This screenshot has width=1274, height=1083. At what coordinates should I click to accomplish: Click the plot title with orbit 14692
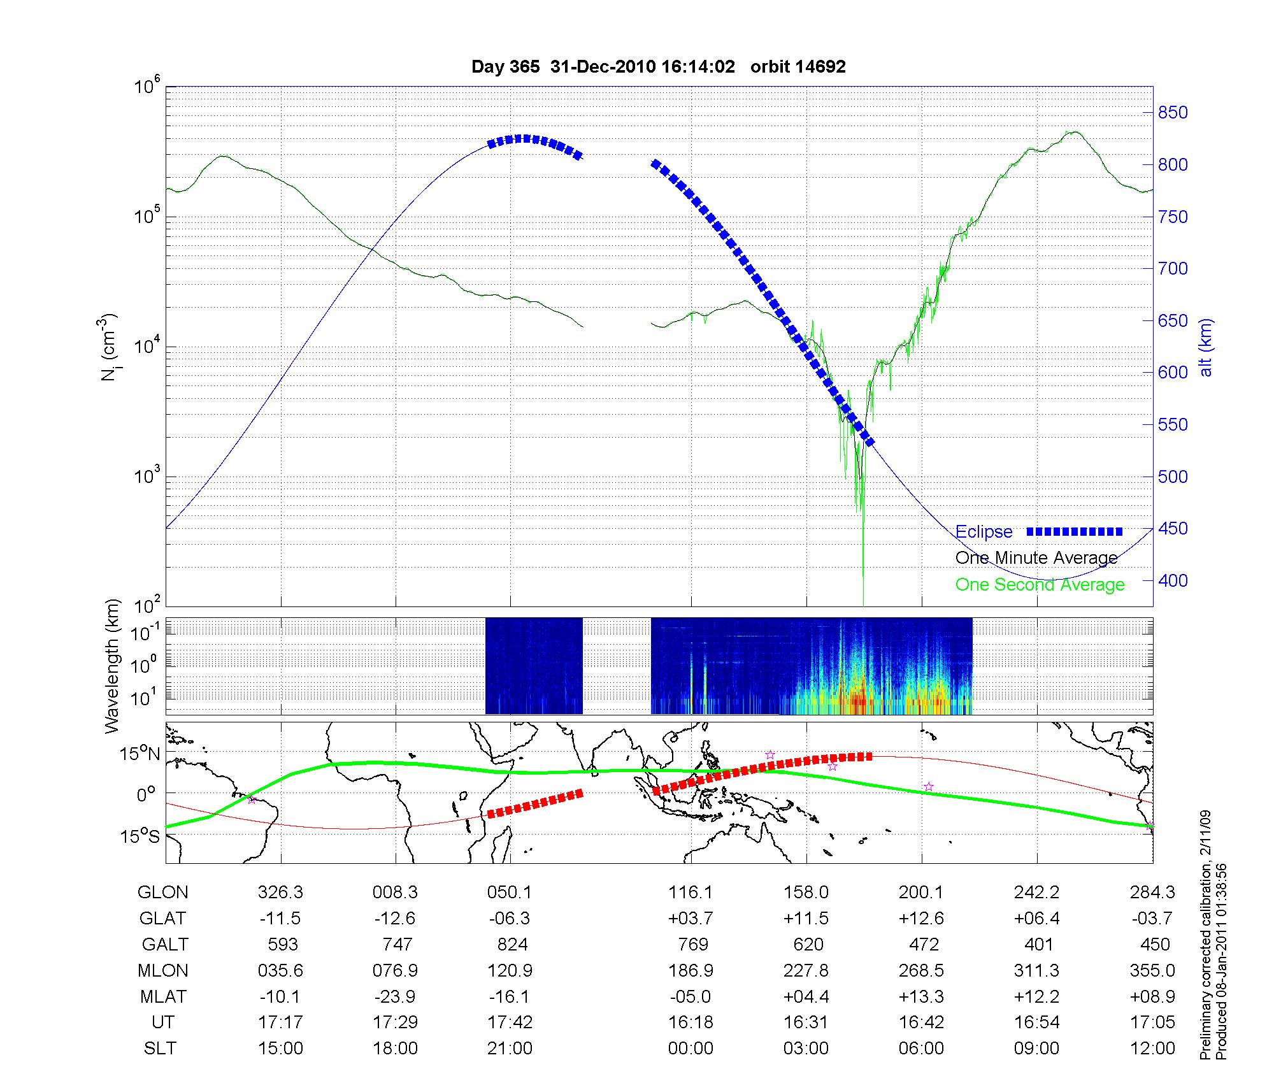pyautogui.click(x=658, y=67)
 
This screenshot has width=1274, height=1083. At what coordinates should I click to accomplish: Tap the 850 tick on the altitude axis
pyautogui.click(x=1173, y=113)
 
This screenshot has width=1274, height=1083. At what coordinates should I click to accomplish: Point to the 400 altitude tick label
pyautogui.click(x=1173, y=580)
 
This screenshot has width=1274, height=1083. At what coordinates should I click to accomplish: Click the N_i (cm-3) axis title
pyautogui.click(x=109, y=347)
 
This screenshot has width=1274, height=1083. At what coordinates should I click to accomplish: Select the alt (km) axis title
pyautogui.click(x=1206, y=347)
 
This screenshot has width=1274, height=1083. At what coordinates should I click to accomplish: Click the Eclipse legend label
pyautogui.click(x=984, y=531)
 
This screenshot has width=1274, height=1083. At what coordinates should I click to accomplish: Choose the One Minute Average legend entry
pyautogui.click(x=1036, y=558)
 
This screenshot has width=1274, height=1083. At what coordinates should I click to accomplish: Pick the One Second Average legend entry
pyautogui.click(x=1040, y=585)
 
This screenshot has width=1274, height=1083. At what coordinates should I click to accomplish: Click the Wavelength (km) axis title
pyautogui.click(x=112, y=666)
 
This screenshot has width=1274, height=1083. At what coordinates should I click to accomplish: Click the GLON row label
pyautogui.click(x=162, y=893)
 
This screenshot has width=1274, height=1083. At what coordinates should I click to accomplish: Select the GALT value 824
pyautogui.click(x=512, y=944)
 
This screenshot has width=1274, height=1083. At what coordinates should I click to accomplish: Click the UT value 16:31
pyautogui.click(x=806, y=1022)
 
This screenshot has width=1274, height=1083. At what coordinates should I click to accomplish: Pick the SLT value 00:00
pyautogui.click(x=691, y=1049)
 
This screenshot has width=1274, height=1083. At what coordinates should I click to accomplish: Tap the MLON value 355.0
pyautogui.click(x=1152, y=970)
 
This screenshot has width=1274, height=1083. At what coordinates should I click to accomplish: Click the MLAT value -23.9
pyautogui.click(x=395, y=996)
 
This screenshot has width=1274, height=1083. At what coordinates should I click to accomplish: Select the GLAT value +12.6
pyautogui.click(x=921, y=919)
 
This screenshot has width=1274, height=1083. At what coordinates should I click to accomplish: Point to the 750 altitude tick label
pyautogui.click(x=1173, y=217)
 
